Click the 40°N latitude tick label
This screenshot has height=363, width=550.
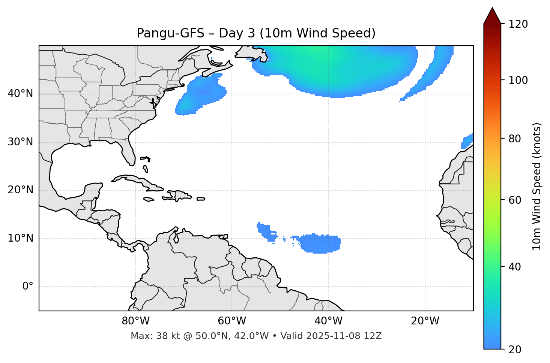tap(20, 94)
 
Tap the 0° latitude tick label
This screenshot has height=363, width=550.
tap(28, 287)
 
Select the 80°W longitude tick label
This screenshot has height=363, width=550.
tap(135, 321)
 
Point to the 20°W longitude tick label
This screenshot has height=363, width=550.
tap(425, 321)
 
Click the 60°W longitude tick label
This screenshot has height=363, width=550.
tap(232, 321)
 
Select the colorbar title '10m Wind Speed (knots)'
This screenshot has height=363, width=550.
tap(537, 186)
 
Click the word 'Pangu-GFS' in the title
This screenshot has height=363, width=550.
tap(170, 33)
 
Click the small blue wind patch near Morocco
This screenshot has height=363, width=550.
tap(467, 142)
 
